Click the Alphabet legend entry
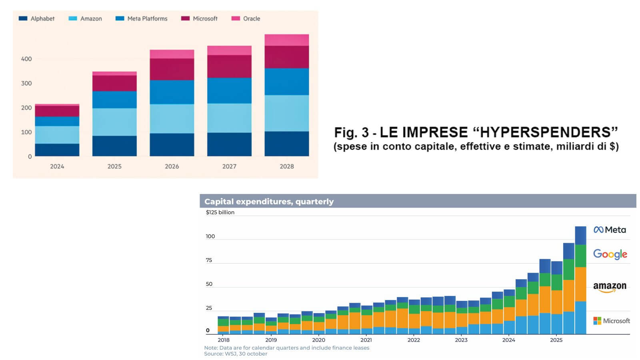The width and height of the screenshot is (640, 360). (37, 18)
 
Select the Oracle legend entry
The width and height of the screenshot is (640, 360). (246, 18)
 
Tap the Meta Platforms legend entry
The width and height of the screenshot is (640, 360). (142, 18)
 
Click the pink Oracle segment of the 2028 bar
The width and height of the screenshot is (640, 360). (286, 40)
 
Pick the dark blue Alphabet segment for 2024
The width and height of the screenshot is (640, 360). (57, 150)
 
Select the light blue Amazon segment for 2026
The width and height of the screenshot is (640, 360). (172, 119)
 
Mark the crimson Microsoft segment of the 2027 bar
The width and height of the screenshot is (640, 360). (229, 66)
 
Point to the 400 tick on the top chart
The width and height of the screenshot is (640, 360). (26, 59)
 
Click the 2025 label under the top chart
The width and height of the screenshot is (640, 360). (114, 166)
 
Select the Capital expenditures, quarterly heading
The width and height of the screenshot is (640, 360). (269, 202)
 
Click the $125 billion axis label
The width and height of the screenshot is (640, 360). (220, 212)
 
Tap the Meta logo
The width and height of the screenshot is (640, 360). (610, 230)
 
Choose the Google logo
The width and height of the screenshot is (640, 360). (610, 254)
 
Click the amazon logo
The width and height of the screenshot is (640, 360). (610, 287)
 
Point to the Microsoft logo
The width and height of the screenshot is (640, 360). (612, 321)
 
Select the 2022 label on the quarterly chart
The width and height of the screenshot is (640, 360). (414, 340)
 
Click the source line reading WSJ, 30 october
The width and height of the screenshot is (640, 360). (236, 354)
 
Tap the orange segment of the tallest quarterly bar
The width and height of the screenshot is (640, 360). (580, 284)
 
